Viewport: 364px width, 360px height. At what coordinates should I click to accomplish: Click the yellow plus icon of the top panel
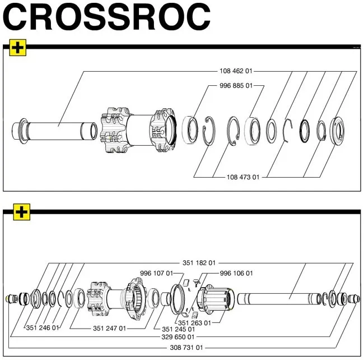tap(18, 48)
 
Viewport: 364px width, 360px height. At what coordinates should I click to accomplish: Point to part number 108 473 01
tap(242, 177)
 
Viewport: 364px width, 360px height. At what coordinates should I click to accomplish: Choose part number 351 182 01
tap(198, 262)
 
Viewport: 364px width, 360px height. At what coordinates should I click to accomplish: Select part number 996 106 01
tap(236, 273)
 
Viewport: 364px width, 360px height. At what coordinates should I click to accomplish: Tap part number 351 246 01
tap(43, 328)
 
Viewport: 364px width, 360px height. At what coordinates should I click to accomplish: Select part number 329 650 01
tap(178, 337)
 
